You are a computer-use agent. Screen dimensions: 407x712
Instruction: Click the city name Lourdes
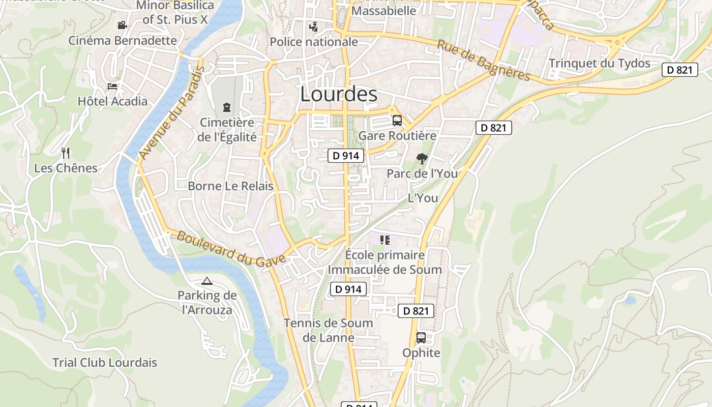coord(339,94)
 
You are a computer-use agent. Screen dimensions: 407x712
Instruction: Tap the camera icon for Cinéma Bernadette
coord(122,25)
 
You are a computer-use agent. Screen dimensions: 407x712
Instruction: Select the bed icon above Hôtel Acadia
coord(112,86)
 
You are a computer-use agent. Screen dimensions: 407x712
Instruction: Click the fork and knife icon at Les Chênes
coord(66,153)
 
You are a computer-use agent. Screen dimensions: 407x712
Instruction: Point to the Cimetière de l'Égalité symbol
coord(226,107)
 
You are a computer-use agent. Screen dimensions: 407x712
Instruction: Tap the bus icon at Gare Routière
coord(397,121)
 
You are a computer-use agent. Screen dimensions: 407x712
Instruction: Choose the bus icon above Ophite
coord(421,337)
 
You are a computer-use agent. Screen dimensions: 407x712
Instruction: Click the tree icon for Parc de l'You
coord(422,159)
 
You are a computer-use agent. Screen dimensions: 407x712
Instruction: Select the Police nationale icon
coord(314,26)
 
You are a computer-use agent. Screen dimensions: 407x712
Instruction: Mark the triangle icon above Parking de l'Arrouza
coord(207,281)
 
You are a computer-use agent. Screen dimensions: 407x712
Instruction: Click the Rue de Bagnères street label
coord(484,61)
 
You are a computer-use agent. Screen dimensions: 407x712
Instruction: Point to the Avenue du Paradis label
coord(171,113)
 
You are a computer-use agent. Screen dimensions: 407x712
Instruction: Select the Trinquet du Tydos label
coord(600,64)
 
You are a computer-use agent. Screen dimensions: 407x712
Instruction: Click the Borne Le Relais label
coord(230,186)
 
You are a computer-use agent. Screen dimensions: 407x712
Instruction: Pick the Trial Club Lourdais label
coord(105,363)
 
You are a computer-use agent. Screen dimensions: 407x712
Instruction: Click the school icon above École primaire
coord(385,240)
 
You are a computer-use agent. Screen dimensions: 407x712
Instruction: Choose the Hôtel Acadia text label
coord(112,101)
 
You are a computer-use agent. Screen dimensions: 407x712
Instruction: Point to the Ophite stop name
coord(421,353)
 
